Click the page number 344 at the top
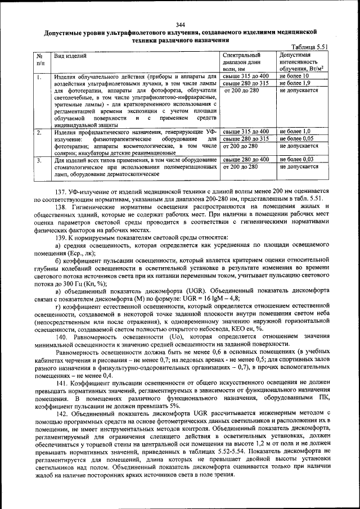(180, 24)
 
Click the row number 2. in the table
(39, 132)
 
